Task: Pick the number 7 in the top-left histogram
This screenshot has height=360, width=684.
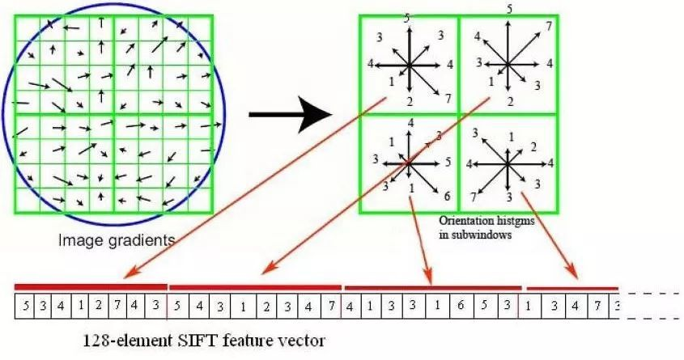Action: tap(446, 98)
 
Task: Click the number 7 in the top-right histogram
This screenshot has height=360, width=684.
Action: tap(549, 27)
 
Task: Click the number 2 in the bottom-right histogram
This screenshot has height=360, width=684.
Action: tap(533, 146)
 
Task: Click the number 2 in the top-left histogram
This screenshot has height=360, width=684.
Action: tap(410, 101)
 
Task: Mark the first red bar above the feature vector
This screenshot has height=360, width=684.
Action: tap(90, 286)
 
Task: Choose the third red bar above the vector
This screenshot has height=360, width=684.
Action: tap(432, 286)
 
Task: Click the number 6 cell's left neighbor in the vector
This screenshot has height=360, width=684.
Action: tap(437, 307)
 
